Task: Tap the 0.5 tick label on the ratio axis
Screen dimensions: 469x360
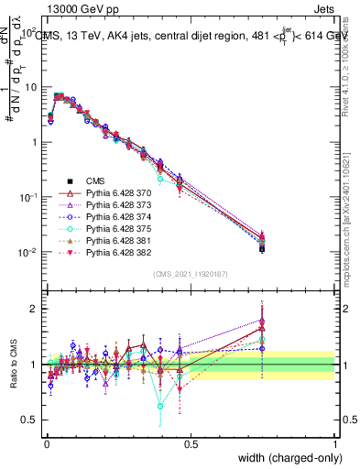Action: pos(26,420)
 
